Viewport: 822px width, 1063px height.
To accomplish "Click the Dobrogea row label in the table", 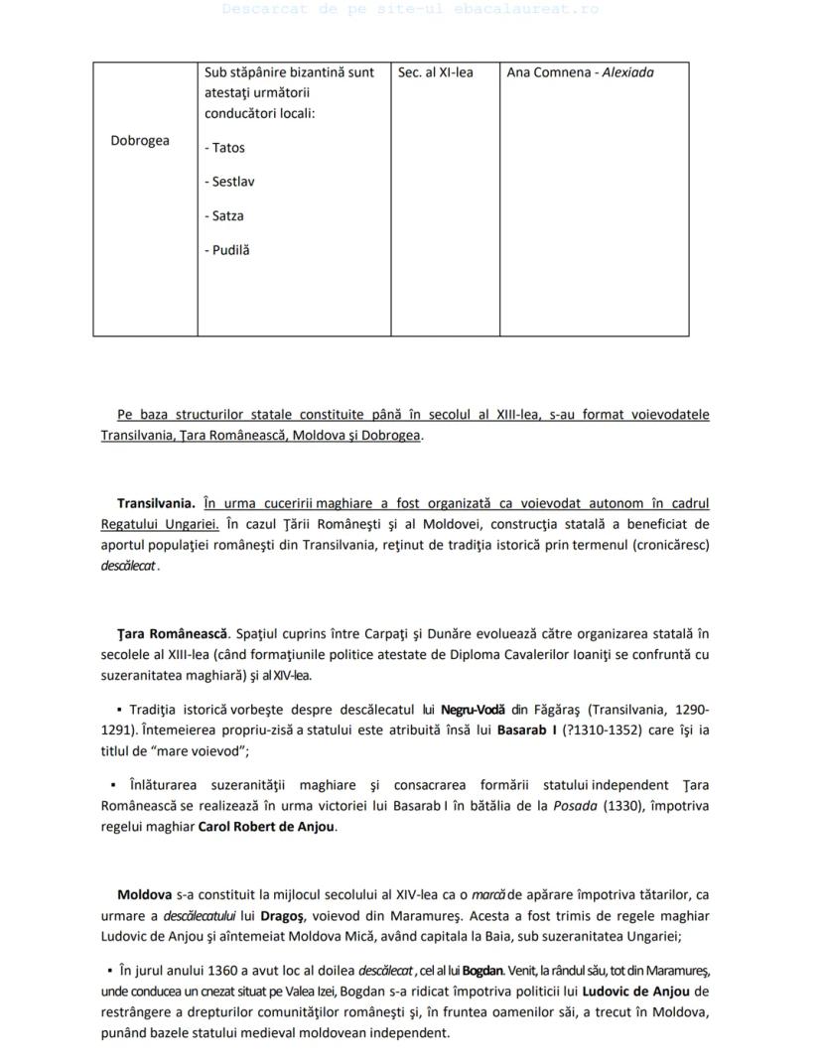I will point(139,140).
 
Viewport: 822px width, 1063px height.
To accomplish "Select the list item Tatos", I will point(227,148).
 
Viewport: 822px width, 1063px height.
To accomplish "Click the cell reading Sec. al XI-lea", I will point(435,72).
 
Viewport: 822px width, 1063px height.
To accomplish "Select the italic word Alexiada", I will point(627,72).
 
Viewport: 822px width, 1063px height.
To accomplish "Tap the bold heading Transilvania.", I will point(156,503).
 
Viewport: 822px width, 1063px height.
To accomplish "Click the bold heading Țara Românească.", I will point(173,633).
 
